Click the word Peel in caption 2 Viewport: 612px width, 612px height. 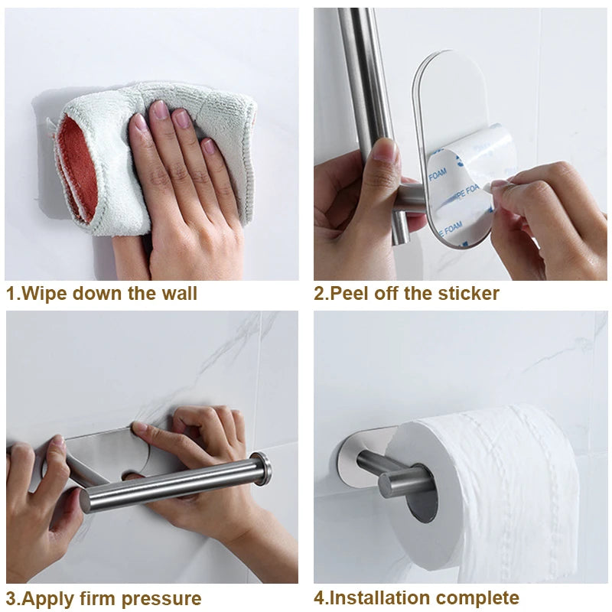(349, 294)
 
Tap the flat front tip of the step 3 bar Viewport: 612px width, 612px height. (85, 500)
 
